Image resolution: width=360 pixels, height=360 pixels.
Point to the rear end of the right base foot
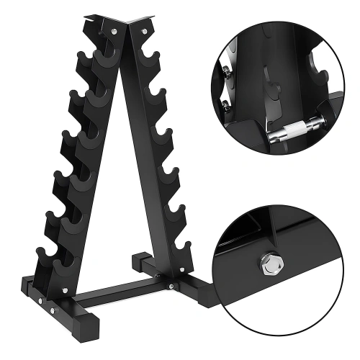point(137,258)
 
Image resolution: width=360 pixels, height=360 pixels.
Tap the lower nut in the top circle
point(225,106)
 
